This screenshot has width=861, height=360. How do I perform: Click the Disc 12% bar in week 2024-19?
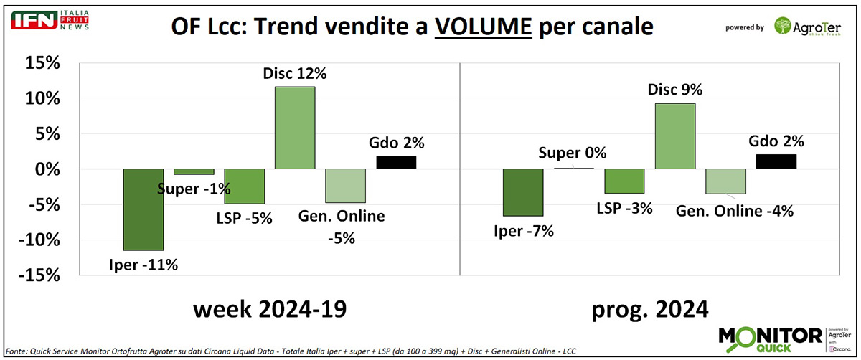click(295, 128)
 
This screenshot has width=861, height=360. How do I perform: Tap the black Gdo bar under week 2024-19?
click(396, 162)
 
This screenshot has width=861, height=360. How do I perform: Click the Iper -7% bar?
click(523, 192)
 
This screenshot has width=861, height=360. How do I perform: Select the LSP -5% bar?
click(244, 186)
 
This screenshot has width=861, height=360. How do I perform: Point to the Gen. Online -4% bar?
click(725, 181)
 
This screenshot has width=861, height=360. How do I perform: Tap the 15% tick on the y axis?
click(40, 63)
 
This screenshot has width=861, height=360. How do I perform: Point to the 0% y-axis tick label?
click(45, 169)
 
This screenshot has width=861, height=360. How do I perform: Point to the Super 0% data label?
click(573, 153)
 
